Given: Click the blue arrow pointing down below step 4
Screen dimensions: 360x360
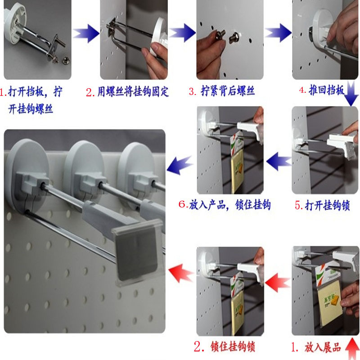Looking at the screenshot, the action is (x=351, y=94).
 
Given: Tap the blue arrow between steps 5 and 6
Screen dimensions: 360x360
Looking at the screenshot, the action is (x=279, y=161).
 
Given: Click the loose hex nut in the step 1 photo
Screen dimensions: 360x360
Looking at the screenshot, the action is (x=66, y=61).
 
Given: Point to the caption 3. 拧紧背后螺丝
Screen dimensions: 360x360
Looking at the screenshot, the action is (x=222, y=91).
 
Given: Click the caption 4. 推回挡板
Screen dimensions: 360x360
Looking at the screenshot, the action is (x=322, y=90).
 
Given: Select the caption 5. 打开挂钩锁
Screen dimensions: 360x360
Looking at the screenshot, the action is (x=322, y=205).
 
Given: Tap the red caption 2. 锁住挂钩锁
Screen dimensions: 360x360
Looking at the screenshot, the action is (x=225, y=346).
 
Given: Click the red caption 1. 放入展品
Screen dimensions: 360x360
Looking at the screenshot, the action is (x=316, y=347).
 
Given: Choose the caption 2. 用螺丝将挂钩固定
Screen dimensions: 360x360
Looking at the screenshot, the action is (x=127, y=92).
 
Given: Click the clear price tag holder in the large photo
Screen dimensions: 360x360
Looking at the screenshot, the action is (x=138, y=255).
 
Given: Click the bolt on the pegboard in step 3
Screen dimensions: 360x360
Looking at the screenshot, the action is (x=234, y=37).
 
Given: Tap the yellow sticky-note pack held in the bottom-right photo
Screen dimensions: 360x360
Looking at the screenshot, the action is (x=330, y=303).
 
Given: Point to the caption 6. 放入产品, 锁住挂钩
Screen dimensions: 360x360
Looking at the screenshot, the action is (x=225, y=205).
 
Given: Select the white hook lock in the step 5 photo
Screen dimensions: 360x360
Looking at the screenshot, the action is (x=342, y=144).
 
